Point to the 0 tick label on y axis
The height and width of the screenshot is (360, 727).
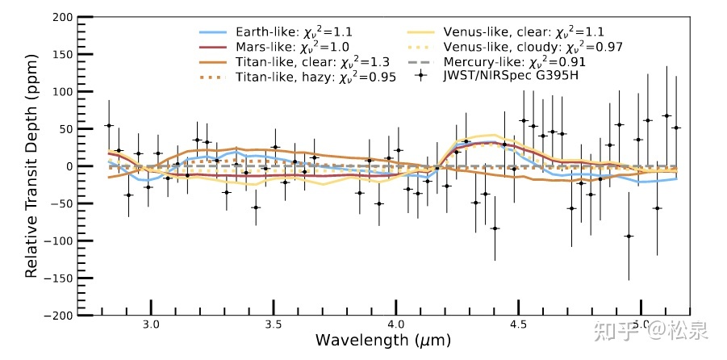pos(69,166)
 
